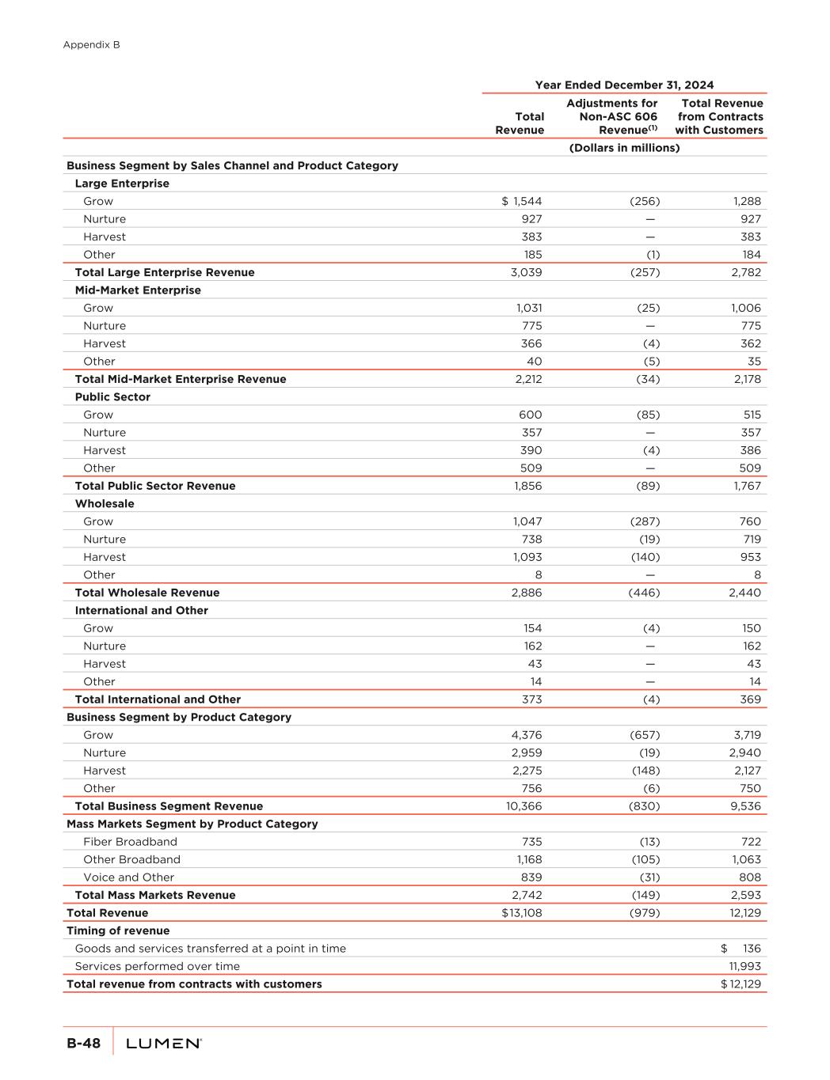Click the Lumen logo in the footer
point(164,1044)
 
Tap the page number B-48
point(83,1044)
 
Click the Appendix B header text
point(91,45)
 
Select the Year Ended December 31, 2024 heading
point(624,85)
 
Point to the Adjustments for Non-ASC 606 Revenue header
point(611,116)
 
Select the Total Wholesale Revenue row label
point(147,593)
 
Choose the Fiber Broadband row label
point(130,842)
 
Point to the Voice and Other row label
point(128,877)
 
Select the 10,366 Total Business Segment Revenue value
point(524,806)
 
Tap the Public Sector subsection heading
point(112,397)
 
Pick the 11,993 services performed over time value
point(744,966)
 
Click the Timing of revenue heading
point(118,930)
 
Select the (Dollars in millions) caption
point(624,148)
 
